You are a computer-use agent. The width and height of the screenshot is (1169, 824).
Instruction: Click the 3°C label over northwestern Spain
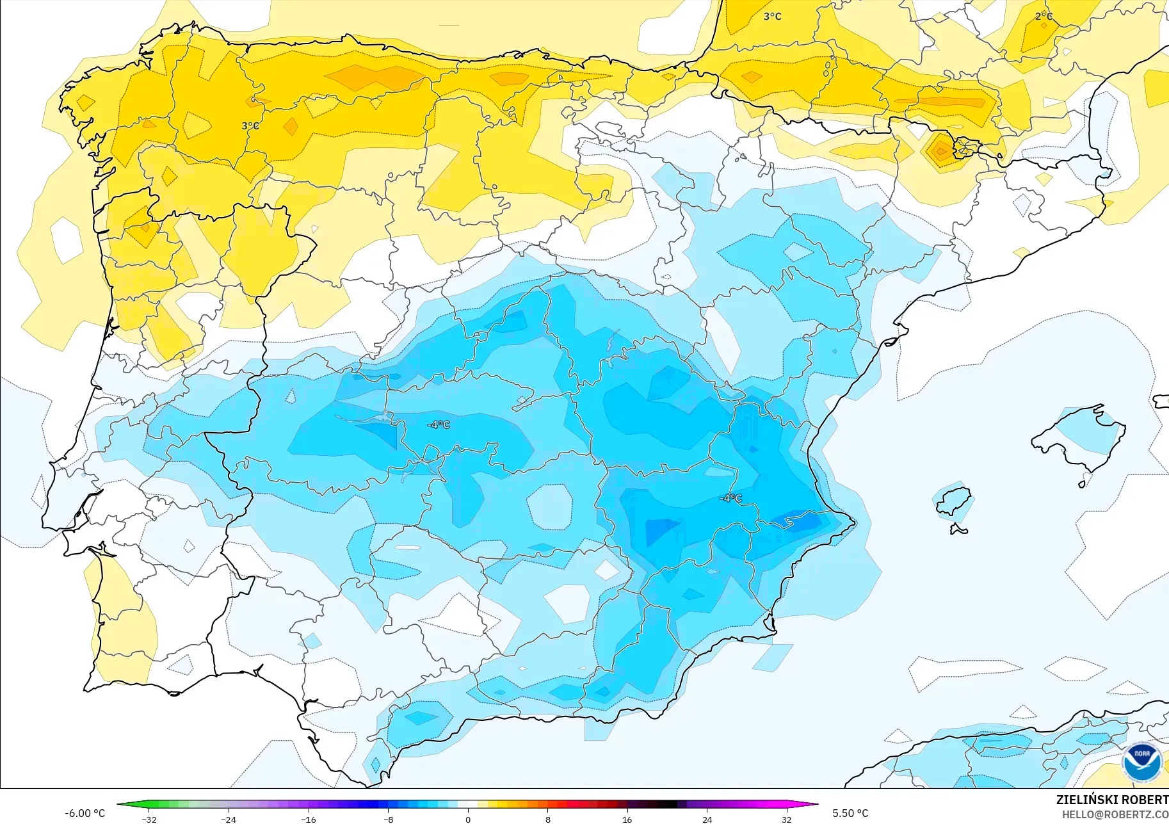(x=250, y=126)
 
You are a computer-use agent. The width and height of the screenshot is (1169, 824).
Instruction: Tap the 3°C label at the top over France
(x=772, y=16)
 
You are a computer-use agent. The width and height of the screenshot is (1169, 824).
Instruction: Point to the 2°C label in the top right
(x=1044, y=16)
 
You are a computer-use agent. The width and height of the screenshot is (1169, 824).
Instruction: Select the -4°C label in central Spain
(x=439, y=424)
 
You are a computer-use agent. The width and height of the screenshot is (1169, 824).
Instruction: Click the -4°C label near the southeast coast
(x=730, y=498)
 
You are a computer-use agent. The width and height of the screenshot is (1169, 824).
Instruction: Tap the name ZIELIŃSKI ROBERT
(x=1111, y=800)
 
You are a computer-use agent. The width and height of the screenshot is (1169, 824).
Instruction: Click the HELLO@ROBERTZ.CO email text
(x=1115, y=814)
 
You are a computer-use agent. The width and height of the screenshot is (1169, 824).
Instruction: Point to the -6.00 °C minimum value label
(x=85, y=813)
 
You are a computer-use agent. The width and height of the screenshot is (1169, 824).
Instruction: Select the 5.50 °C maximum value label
(x=850, y=813)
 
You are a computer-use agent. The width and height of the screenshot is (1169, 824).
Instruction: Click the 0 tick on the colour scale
(x=468, y=820)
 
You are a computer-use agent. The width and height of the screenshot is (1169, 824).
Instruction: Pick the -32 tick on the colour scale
(x=149, y=820)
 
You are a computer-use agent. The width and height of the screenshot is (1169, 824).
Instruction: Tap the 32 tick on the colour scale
(x=786, y=820)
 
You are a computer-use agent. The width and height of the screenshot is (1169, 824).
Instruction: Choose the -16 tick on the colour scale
(x=309, y=820)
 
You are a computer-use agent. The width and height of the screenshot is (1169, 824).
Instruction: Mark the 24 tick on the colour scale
(x=707, y=820)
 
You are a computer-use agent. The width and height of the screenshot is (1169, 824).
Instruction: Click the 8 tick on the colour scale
(x=547, y=820)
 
